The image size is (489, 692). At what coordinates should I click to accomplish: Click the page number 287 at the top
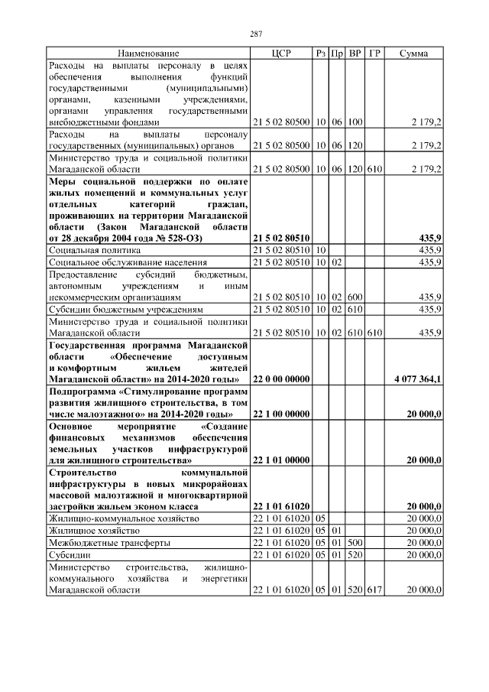point(256,34)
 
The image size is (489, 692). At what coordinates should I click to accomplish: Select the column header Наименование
point(148,54)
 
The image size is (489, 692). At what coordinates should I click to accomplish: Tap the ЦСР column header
point(281,54)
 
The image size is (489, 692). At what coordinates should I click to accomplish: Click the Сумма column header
point(413,54)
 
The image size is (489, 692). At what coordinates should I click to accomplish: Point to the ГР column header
point(374,54)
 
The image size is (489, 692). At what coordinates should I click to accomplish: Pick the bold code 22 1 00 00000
point(281,414)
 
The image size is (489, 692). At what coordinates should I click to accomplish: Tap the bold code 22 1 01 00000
point(281,460)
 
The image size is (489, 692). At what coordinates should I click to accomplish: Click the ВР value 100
point(355,122)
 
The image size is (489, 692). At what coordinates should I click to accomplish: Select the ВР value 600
point(355,297)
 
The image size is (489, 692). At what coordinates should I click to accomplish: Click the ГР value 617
point(374,590)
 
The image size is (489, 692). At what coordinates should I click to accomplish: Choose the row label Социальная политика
point(94,250)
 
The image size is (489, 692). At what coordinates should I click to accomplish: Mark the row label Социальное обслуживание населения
point(126,262)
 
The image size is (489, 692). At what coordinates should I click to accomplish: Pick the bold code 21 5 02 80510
point(281,239)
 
